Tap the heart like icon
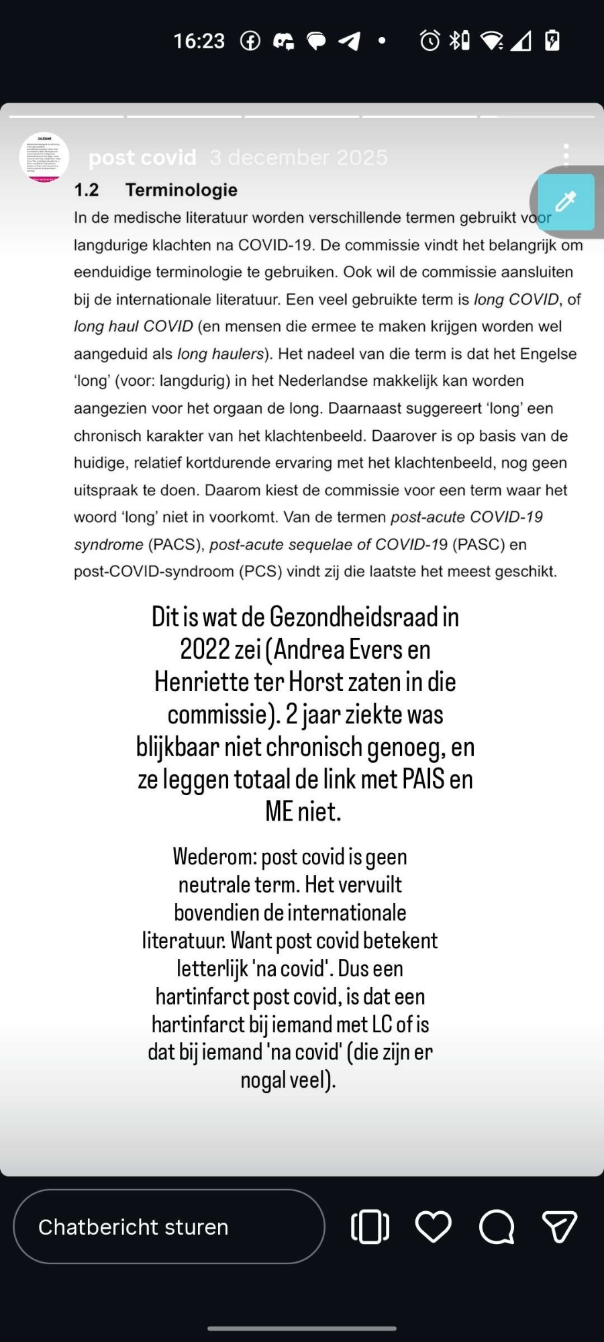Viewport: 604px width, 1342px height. click(433, 1227)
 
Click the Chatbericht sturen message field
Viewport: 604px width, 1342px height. click(168, 1227)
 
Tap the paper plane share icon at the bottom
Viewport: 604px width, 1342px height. click(559, 1227)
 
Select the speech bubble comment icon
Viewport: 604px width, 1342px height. click(497, 1227)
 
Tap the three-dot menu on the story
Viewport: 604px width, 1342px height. click(566, 155)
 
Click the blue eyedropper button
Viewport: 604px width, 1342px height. click(566, 201)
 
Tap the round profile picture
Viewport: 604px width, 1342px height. click(44, 158)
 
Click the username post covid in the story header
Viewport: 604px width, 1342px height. click(142, 158)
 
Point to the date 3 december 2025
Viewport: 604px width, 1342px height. click(299, 158)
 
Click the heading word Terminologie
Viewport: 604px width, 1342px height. click(181, 190)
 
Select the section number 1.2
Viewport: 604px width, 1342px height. click(87, 190)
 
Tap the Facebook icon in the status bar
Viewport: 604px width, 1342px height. click(250, 41)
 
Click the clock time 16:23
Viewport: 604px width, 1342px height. click(199, 41)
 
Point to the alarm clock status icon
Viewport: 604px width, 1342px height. click(430, 41)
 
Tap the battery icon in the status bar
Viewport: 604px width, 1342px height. click(552, 41)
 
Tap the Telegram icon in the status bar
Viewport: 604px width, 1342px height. click(349, 41)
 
